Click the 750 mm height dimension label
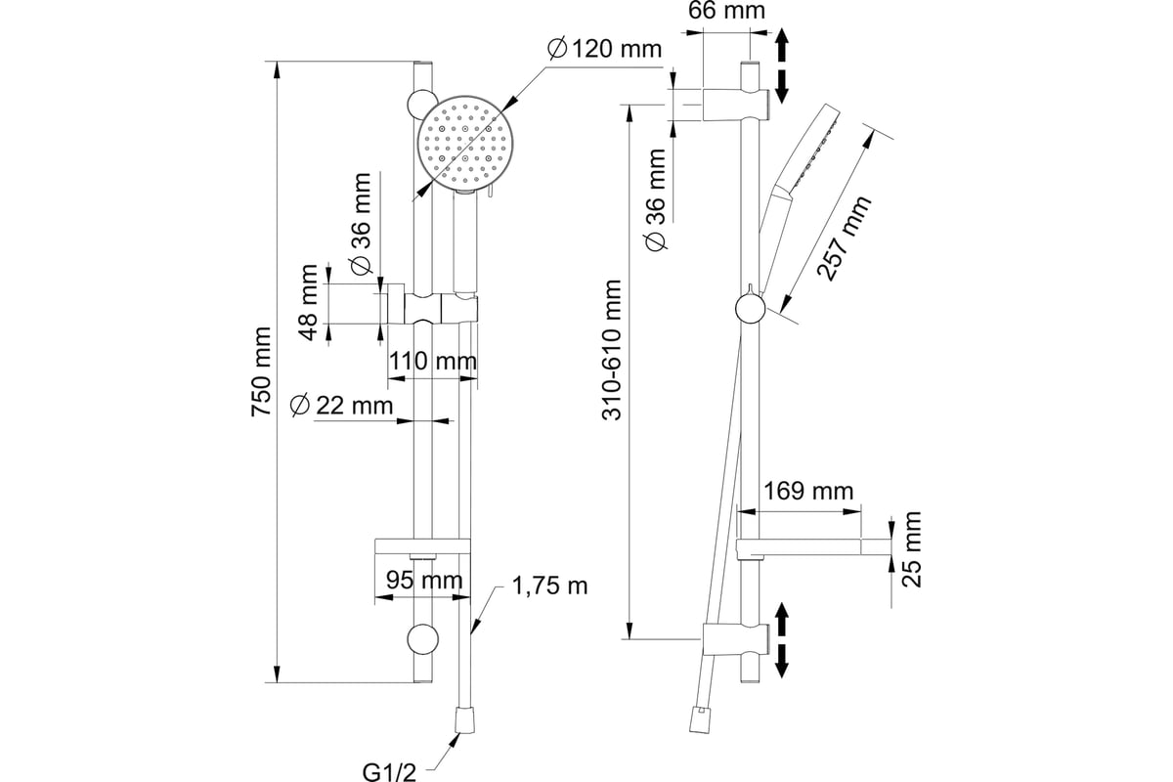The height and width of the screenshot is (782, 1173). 261,371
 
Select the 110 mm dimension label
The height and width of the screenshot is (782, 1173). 432,361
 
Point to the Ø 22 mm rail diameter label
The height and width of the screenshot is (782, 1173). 341,404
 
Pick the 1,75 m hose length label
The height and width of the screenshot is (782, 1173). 549,586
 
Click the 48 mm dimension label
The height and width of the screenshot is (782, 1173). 309,302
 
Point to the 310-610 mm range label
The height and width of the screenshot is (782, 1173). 612,350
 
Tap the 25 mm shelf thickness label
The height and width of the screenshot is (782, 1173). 912,548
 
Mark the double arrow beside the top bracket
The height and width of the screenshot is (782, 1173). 782,67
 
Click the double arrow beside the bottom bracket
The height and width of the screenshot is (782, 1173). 782,640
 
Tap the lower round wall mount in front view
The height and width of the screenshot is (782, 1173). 422,639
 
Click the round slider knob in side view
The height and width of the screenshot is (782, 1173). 749,310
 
